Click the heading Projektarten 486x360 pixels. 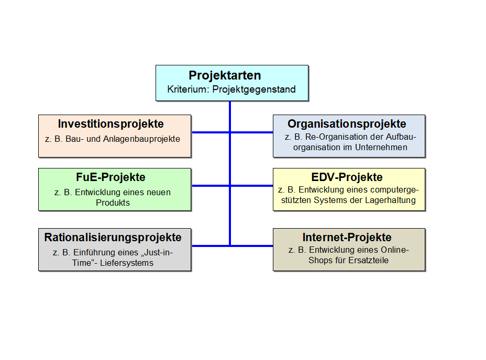(x=225, y=75)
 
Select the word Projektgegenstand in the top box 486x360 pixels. (x=254, y=89)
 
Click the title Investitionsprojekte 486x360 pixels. (x=111, y=124)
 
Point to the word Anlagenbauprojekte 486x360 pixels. (x=141, y=139)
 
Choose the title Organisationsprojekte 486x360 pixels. (x=347, y=124)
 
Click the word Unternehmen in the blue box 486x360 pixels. (x=381, y=147)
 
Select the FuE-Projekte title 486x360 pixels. (x=111, y=177)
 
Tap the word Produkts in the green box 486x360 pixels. (x=113, y=203)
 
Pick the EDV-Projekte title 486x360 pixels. (x=347, y=177)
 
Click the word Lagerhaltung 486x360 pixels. (x=390, y=200)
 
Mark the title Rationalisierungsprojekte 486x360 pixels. (x=113, y=238)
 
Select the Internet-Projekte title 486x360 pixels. (x=347, y=238)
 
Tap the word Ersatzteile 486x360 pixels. (x=369, y=260)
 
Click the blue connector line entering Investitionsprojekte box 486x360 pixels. (x=211, y=132)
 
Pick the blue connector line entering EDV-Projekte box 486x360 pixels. (x=251, y=186)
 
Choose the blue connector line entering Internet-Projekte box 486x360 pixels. (x=251, y=246)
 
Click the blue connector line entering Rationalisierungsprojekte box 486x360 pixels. (x=211, y=246)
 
